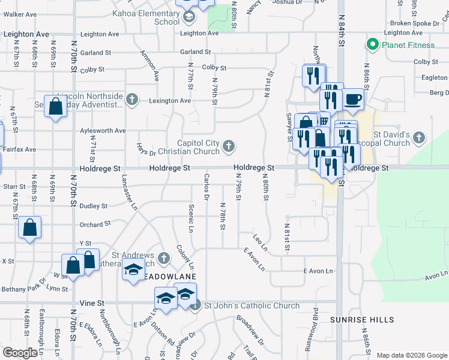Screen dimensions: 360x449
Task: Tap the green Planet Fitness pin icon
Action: pyautogui.click(x=372, y=44)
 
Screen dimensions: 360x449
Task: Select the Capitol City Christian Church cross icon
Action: pyautogui.click(x=229, y=146)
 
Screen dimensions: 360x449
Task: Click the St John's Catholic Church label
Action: pyautogui.click(x=252, y=306)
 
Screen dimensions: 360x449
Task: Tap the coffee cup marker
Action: pyautogui.click(x=354, y=98)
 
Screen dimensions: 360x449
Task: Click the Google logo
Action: pyautogui.click(x=20, y=353)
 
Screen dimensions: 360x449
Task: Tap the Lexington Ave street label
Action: pyautogui.click(x=169, y=101)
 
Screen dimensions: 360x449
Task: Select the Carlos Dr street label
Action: pyautogui.click(x=206, y=187)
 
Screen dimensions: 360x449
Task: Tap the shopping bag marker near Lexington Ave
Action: pyautogui.click(x=55, y=107)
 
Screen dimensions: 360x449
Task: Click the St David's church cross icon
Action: pyautogui.click(x=419, y=139)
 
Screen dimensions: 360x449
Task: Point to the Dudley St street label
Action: pyautogui.click(x=94, y=206)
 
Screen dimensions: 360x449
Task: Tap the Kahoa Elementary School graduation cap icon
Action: pyautogui.click(x=189, y=17)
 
